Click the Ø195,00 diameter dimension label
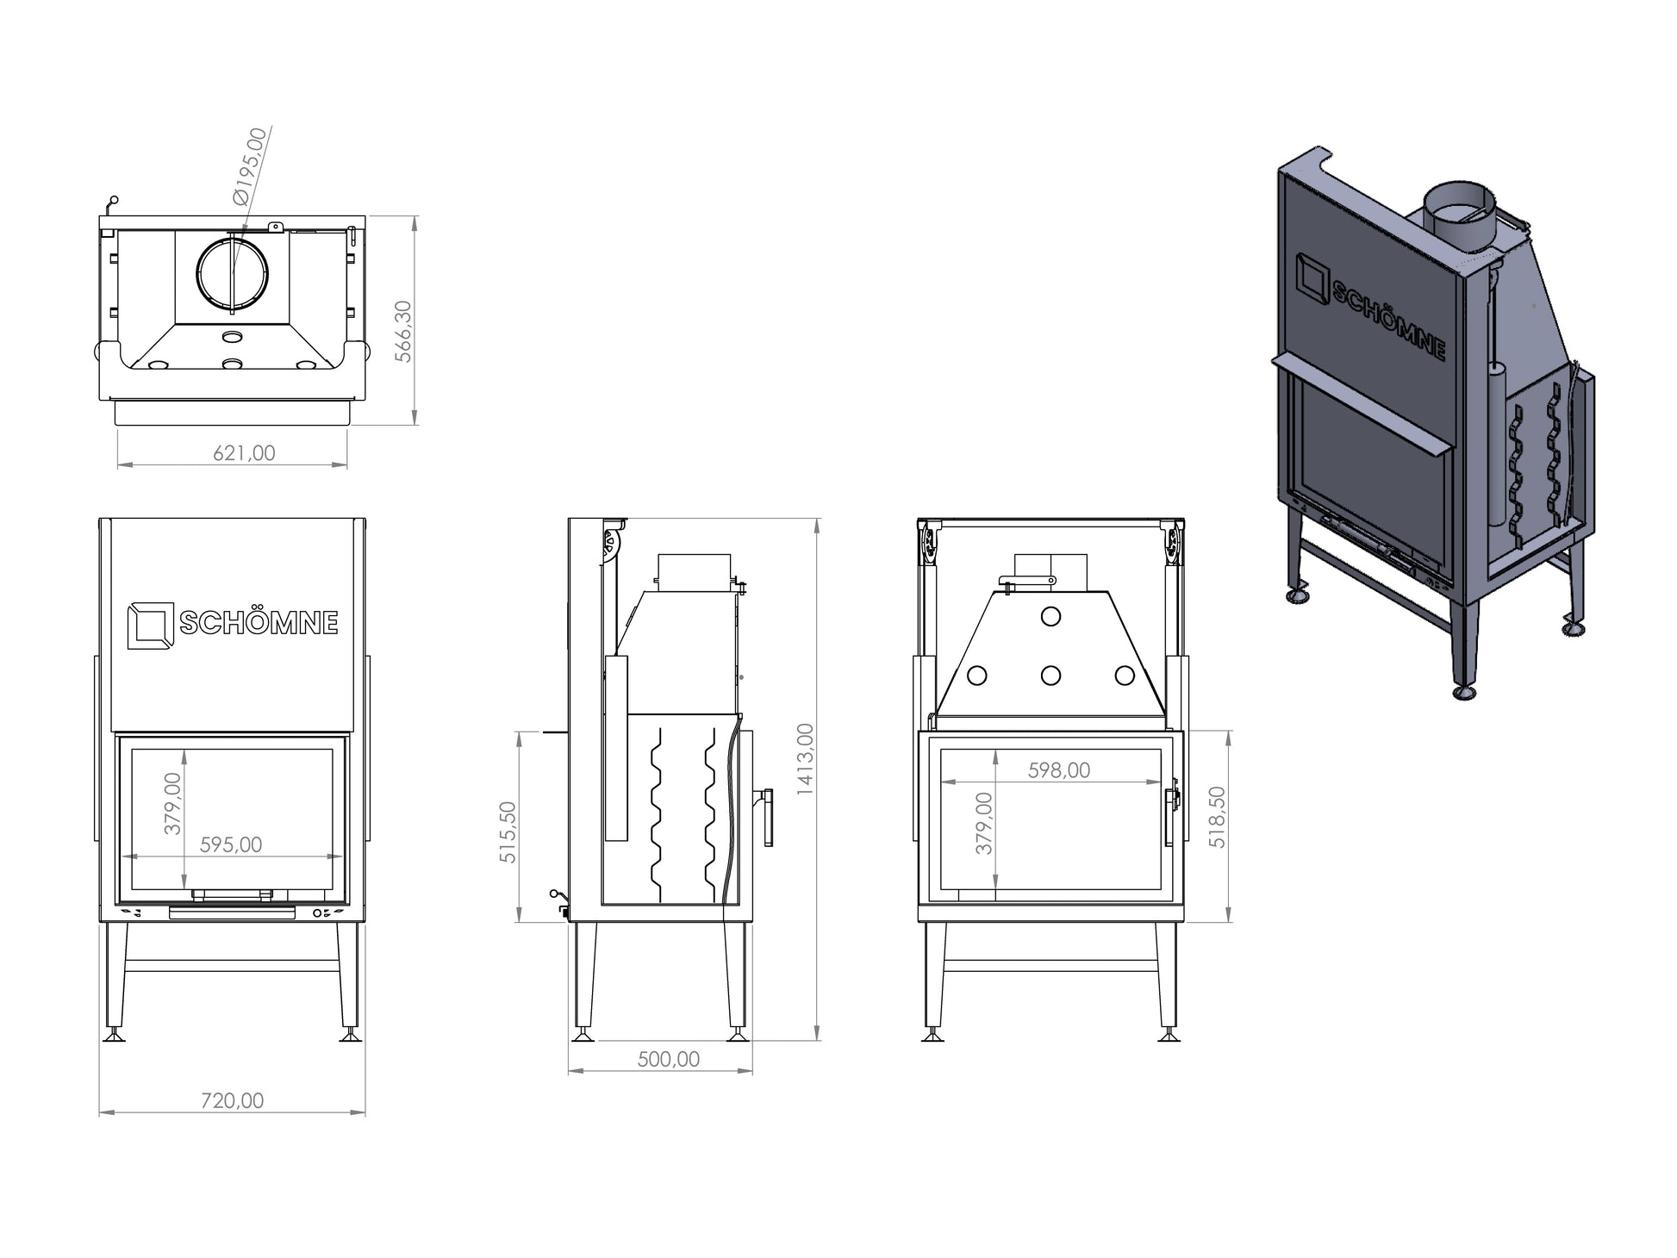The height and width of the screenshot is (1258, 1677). pyautogui.click(x=250, y=165)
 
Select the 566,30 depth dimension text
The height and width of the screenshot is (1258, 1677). pyautogui.click(x=402, y=331)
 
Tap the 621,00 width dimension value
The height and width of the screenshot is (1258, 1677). pyautogui.click(x=244, y=452)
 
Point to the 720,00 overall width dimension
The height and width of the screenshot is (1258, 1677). pyautogui.click(x=232, y=1100)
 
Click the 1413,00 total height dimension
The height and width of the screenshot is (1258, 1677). pyautogui.click(x=805, y=758)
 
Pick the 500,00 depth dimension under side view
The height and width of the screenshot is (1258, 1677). pyautogui.click(x=669, y=1059)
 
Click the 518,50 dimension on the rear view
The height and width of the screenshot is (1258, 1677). pyautogui.click(x=1217, y=817)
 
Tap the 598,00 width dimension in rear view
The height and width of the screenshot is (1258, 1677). pyautogui.click(x=1059, y=770)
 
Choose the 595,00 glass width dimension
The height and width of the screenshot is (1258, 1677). pyautogui.click(x=231, y=844)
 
